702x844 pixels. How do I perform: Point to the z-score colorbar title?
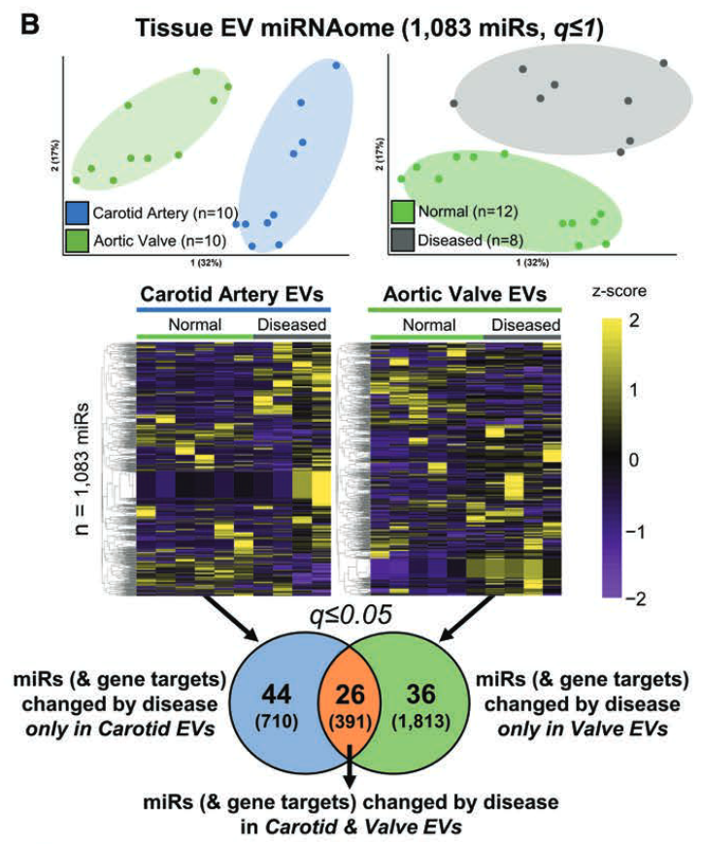pos(617,290)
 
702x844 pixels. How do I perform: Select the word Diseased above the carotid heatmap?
pos(290,324)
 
